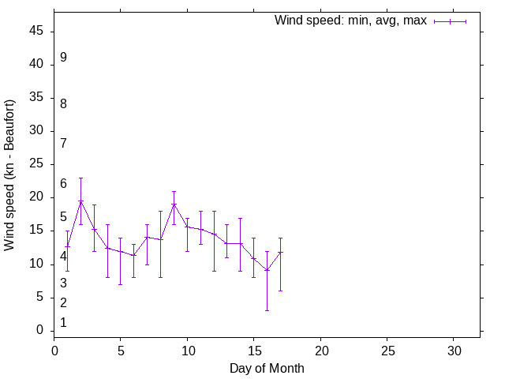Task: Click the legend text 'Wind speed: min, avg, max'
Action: point(350,21)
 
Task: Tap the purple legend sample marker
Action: point(450,21)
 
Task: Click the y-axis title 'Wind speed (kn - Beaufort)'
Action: point(10,175)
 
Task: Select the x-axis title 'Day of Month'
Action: point(267,368)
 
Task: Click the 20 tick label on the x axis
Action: point(320,350)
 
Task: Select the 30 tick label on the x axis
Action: point(454,350)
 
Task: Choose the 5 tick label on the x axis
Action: point(121,350)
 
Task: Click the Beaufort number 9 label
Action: point(63,58)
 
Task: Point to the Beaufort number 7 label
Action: point(63,144)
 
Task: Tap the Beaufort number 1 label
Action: point(63,323)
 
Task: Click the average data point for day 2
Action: point(80,201)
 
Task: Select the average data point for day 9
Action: point(174,205)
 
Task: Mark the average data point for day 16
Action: point(267,270)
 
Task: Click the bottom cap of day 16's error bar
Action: point(267,310)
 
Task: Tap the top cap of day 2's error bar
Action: point(80,178)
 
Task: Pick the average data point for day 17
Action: point(280,252)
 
